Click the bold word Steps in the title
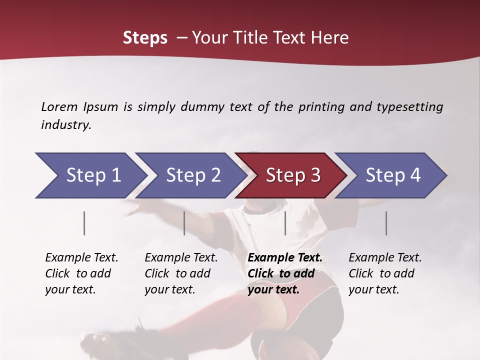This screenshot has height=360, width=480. point(145,38)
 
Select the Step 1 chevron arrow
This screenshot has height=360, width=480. point(90,175)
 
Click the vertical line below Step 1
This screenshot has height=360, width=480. point(84,223)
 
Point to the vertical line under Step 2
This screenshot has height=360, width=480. point(184,223)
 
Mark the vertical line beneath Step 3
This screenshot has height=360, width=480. point(285,223)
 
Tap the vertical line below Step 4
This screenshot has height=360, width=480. point(386,223)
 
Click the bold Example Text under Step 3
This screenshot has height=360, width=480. point(285,258)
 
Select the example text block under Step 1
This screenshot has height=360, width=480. point(81,273)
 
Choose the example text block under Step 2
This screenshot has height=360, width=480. point(181,273)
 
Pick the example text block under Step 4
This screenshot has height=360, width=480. point(385,273)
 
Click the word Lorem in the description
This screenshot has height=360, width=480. point(59,106)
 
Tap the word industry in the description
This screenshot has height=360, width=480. point(66,125)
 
